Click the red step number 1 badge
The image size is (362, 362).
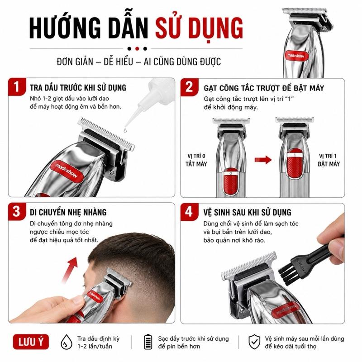pos(17,87)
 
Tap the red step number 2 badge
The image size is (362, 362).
pos(189,87)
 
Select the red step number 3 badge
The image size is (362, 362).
pos(17,211)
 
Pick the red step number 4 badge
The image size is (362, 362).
pos(189,212)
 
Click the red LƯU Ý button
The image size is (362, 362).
pos(31,342)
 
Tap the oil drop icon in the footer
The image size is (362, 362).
pos(66,342)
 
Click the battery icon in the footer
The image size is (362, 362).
pos(148,342)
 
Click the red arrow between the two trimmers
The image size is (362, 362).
pos(263,160)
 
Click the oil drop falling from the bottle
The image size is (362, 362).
pos(125,130)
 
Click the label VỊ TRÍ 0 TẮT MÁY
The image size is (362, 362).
pos(196,160)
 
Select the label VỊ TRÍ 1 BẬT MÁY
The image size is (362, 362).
pos(329,160)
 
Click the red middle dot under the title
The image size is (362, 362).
pos(137,49)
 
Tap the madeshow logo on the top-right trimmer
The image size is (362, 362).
pos(296,56)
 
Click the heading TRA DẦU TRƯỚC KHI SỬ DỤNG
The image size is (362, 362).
pos(78,88)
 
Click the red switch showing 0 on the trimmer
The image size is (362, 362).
pos(231,182)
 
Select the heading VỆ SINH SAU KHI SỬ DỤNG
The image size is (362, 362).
pos(247,212)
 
